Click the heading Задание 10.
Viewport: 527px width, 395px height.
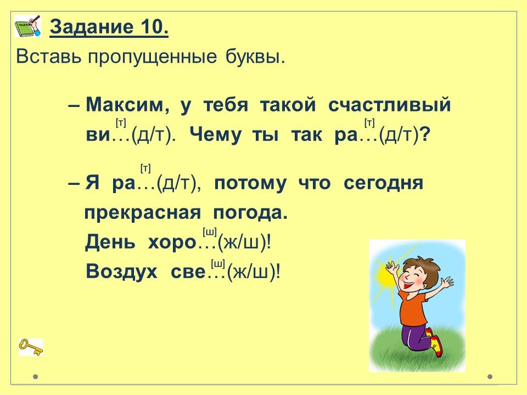pos(109,27)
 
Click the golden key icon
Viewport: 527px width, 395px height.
pos(31,347)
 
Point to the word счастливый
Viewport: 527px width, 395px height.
pos(389,105)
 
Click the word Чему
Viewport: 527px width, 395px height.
pos(215,136)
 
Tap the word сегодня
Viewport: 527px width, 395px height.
pos(384,184)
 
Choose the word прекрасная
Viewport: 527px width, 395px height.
pos(143,213)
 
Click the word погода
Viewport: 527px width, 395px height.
pos(250,213)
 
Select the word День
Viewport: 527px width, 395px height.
pos(110,242)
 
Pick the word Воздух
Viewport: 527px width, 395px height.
pos(122,271)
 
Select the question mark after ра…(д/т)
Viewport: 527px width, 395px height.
pos(425,136)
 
